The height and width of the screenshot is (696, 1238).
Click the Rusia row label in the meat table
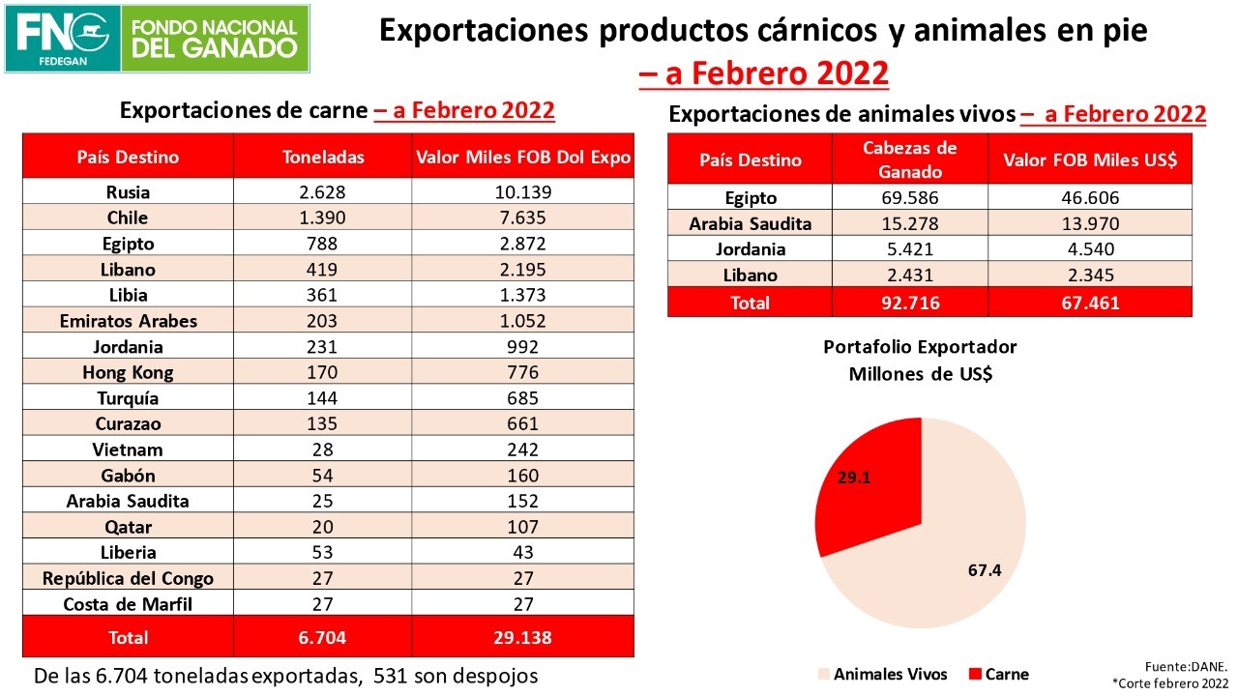click(128, 192)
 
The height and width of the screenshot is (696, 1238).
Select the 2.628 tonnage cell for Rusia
click(322, 192)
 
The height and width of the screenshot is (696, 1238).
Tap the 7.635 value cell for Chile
click(522, 217)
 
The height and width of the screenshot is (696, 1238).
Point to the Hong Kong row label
click(128, 372)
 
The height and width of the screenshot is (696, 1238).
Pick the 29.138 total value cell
click(522, 637)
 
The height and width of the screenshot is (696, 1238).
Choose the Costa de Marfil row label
click(128, 604)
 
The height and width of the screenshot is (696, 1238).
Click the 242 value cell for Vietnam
click(522, 449)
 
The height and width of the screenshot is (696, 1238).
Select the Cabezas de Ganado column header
click(909, 159)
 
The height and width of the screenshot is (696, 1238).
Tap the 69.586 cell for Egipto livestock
click(909, 198)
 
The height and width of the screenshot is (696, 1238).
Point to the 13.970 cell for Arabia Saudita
click(1089, 223)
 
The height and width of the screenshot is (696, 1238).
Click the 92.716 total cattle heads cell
click(909, 303)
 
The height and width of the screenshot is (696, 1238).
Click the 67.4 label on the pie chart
click(984, 569)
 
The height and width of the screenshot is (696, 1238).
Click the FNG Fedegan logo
click(62, 39)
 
